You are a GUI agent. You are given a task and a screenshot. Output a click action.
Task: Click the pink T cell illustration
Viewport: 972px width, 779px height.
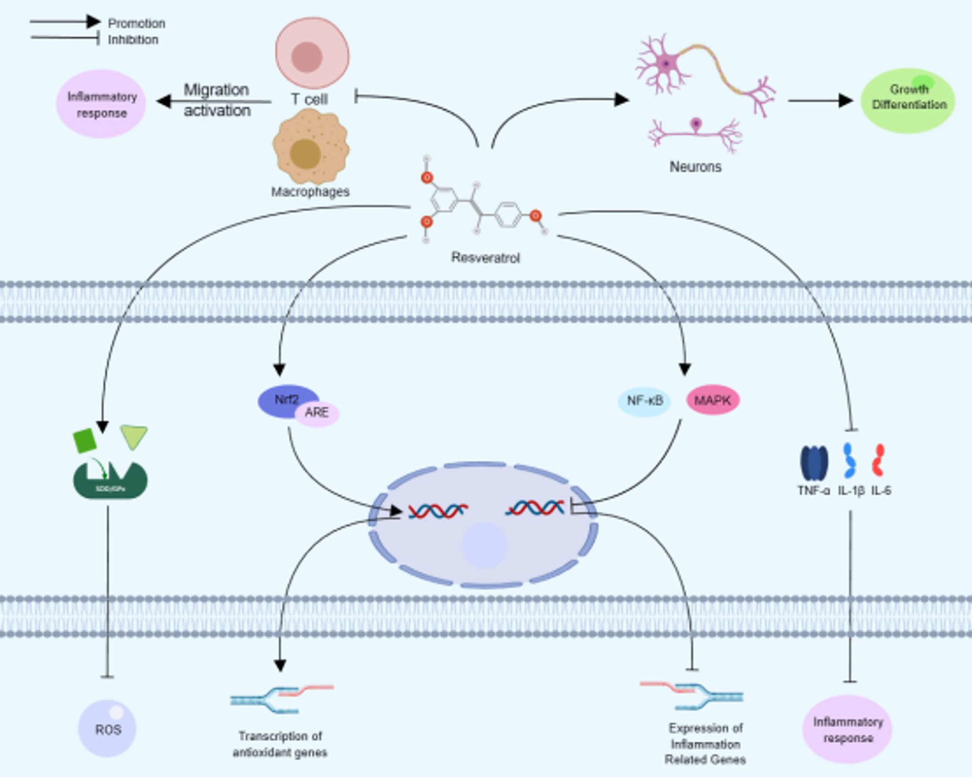tap(312, 53)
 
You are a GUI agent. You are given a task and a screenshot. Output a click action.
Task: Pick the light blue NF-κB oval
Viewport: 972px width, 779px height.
tap(644, 401)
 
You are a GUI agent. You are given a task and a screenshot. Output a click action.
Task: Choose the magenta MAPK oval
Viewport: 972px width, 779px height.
tap(712, 400)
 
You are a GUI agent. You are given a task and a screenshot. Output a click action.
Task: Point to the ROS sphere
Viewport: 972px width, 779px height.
tap(107, 728)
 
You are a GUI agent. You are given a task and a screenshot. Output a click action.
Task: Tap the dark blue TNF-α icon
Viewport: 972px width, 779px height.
tap(814, 463)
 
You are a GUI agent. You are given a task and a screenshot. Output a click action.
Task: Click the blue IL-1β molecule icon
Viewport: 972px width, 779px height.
tap(849, 461)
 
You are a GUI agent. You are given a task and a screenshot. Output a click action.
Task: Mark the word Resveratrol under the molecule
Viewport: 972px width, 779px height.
tap(485, 258)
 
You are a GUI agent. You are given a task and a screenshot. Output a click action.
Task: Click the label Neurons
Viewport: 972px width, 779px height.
tap(695, 167)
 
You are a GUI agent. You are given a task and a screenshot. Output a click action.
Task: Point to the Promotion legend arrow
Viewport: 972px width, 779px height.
tap(65, 22)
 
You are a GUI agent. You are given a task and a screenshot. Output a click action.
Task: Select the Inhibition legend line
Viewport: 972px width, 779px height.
tap(65, 38)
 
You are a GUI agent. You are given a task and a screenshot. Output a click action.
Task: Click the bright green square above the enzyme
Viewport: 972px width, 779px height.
tap(85, 441)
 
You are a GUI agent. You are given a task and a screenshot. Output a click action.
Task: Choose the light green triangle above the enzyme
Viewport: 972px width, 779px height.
tap(134, 436)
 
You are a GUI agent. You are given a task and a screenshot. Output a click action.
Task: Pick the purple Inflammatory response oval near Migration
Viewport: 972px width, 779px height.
tap(101, 104)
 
